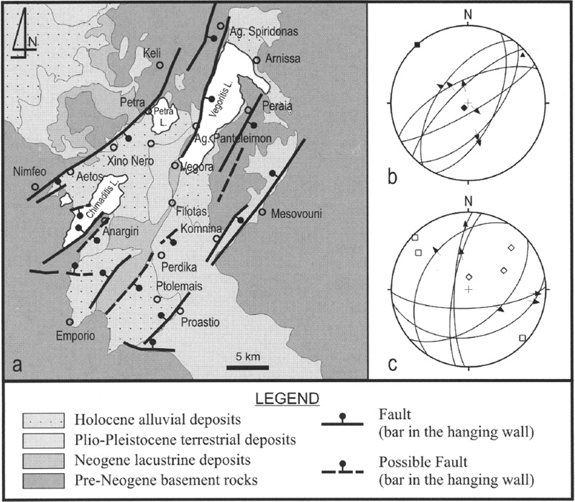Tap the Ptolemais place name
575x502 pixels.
(x=182, y=286)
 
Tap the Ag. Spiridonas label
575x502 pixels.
(x=262, y=31)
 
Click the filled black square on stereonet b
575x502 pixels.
(x=417, y=45)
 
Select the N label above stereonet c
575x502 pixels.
(x=469, y=201)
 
